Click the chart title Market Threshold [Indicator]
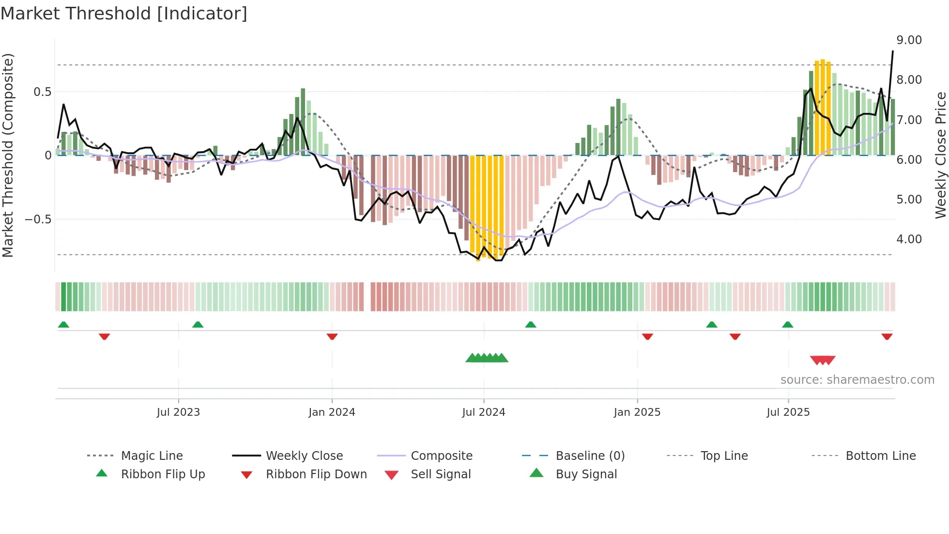pyautogui.click(x=124, y=14)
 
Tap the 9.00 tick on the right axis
pyautogui.click(x=909, y=40)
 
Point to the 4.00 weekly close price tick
pyautogui.click(x=909, y=239)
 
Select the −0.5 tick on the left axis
pyautogui.click(x=38, y=220)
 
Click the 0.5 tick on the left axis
pyautogui.click(x=42, y=92)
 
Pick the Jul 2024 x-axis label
pyautogui.click(x=483, y=412)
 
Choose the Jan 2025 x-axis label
pyautogui.click(x=637, y=412)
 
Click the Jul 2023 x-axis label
pyautogui.click(x=178, y=412)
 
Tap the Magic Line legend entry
pyautogui.click(x=152, y=456)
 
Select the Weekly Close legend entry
pyautogui.click(x=304, y=456)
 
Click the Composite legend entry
pyautogui.click(x=442, y=456)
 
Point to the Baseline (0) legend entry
pyautogui.click(x=590, y=456)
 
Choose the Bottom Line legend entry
pyautogui.click(x=880, y=456)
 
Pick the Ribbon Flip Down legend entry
pyautogui.click(x=316, y=474)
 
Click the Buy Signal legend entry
pyautogui.click(x=586, y=474)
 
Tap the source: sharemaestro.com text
pyautogui.click(x=857, y=380)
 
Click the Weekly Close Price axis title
pyautogui.click(x=940, y=155)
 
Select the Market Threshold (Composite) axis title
pyautogui.click(x=8, y=155)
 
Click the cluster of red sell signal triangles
pyautogui.click(x=823, y=360)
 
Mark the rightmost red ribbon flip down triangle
pyautogui.click(x=887, y=336)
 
